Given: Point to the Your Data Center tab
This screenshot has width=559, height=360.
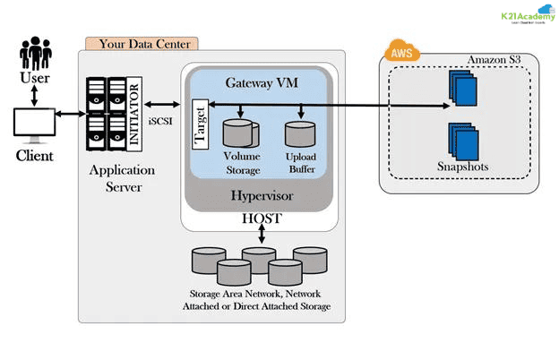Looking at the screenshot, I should pyautogui.click(x=142, y=42).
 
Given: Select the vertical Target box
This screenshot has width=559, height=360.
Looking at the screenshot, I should pyautogui.click(x=202, y=131).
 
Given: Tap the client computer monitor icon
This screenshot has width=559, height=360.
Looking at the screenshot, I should pyautogui.click(x=35, y=123).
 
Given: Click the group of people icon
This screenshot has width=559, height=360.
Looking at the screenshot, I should pyautogui.click(x=34, y=55).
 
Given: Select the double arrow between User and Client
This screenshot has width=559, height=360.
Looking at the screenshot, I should pyautogui.click(x=34, y=93).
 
